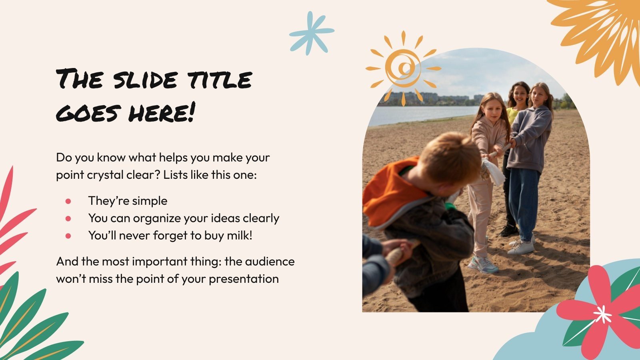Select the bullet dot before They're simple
pos(68,201)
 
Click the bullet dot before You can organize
pos(68,218)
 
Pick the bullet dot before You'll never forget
pos(68,236)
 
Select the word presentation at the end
pos(244,278)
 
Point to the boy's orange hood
pos(390,192)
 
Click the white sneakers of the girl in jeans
pos(521,247)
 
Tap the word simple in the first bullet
pos(150,201)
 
